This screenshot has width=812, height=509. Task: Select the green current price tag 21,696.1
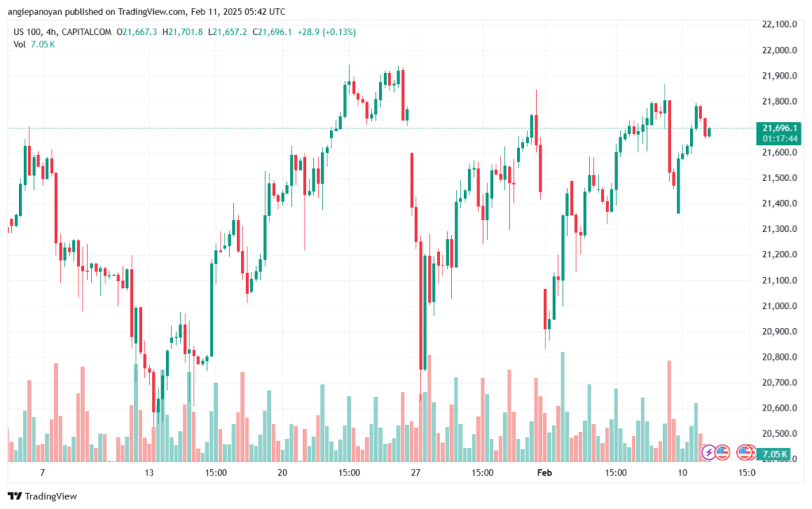[x=780, y=128]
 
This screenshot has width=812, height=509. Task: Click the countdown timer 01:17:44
[x=780, y=138]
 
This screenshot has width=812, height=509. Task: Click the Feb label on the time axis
[x=545, y=472]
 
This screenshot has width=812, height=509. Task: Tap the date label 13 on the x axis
[x=150, y=472]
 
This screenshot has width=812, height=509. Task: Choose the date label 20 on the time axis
[x=282, y=472]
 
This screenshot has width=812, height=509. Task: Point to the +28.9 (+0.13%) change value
[x=327, y=32]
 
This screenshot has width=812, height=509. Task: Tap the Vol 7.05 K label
[x=34, y=44]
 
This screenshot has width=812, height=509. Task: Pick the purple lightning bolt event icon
[x=710, y=453]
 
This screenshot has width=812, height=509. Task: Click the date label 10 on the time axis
[x=682, y=472]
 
